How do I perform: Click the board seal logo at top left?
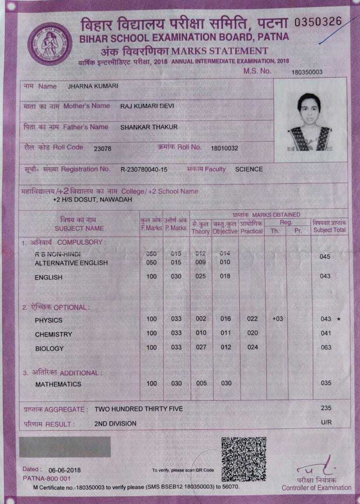(x=50, y=44)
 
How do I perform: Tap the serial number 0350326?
(x=319, y=22)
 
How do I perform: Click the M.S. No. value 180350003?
(x=307, y=72)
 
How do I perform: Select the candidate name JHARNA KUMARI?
(x=93, y=86)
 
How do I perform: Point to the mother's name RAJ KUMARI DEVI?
(x=144, y=106)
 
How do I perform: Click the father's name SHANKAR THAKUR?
(x=149, y=127)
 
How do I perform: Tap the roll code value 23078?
(x=103, y=148)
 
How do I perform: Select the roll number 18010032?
(x=224, y=148)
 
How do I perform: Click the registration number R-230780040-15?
(x=144, y=169)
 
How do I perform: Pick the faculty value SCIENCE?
(x=249, y=169)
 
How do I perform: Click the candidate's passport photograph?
(x=309, y=122)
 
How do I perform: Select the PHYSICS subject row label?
(x=48, y=320)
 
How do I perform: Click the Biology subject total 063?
(x=326, y=348)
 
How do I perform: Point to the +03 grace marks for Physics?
(x=277, y=319)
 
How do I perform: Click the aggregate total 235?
(x=326, y=408)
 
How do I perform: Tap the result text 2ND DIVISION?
(x=115, y=423)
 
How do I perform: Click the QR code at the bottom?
(x=243, y=459)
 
